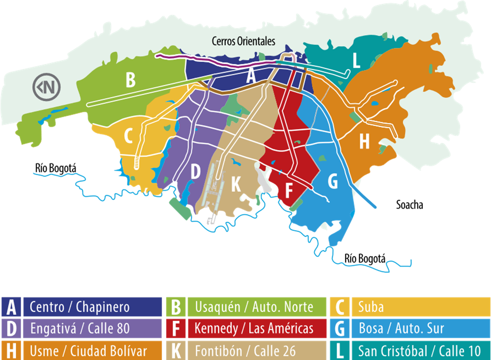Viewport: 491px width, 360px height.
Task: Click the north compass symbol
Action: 47,87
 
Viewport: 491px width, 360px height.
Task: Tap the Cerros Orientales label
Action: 243,41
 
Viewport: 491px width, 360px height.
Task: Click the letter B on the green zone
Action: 130,80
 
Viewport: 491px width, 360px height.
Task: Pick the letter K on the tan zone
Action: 236,184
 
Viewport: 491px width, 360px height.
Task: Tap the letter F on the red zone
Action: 289,190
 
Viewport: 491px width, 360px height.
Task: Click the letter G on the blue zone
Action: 333,181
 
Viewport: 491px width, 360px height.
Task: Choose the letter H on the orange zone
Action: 364,141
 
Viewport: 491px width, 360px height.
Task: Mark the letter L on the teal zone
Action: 356,60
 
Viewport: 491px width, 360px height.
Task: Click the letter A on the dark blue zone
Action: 251,76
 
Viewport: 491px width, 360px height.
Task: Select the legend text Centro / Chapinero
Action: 80,307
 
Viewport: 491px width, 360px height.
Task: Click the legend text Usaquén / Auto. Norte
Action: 254,307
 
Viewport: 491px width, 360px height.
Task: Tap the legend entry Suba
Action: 371,307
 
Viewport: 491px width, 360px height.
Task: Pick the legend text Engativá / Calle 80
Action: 80,328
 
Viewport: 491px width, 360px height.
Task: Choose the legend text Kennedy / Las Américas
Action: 254,328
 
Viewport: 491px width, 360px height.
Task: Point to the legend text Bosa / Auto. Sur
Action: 401,328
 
